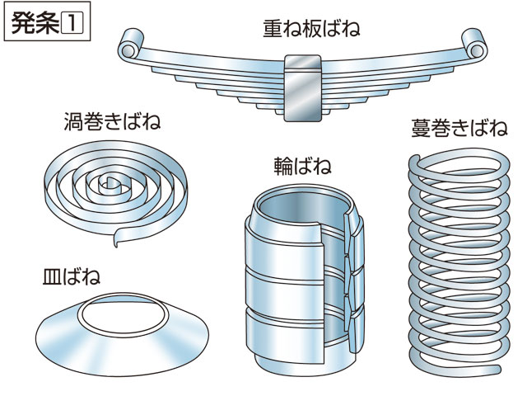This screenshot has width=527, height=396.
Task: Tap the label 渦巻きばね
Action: tap(111, 124)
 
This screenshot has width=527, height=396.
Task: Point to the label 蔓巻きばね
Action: tap(458, 129)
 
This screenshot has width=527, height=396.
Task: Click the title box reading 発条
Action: tap(47, 22)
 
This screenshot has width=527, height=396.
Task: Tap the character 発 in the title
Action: tap(26, 22)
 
